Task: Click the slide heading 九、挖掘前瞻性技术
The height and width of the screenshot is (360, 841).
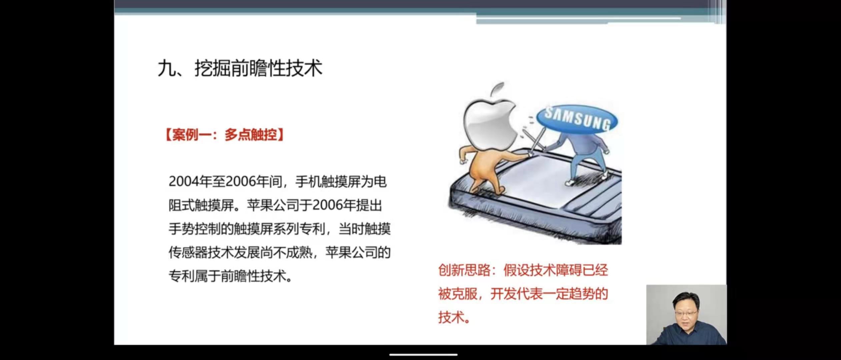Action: click(240, 68)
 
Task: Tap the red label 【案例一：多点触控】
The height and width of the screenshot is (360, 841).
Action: click(224, 135)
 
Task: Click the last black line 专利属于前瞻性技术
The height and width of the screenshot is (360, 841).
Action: click(230, 276)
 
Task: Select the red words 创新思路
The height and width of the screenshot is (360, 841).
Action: click(464, 270)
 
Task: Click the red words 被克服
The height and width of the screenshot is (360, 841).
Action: click(458, 294)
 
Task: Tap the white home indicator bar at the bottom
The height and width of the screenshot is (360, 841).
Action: click(423, 355)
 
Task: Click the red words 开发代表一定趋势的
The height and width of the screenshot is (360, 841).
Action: click(549, 294)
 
